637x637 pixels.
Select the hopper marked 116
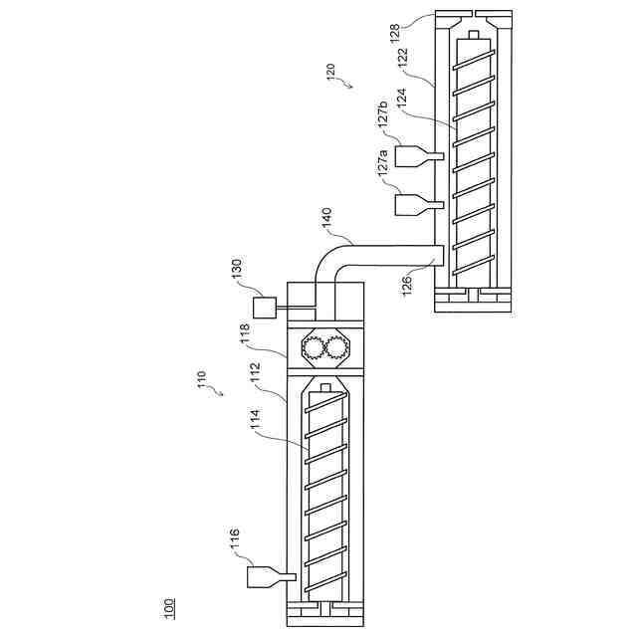265,577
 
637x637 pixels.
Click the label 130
236,271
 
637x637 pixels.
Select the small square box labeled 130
265,307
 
